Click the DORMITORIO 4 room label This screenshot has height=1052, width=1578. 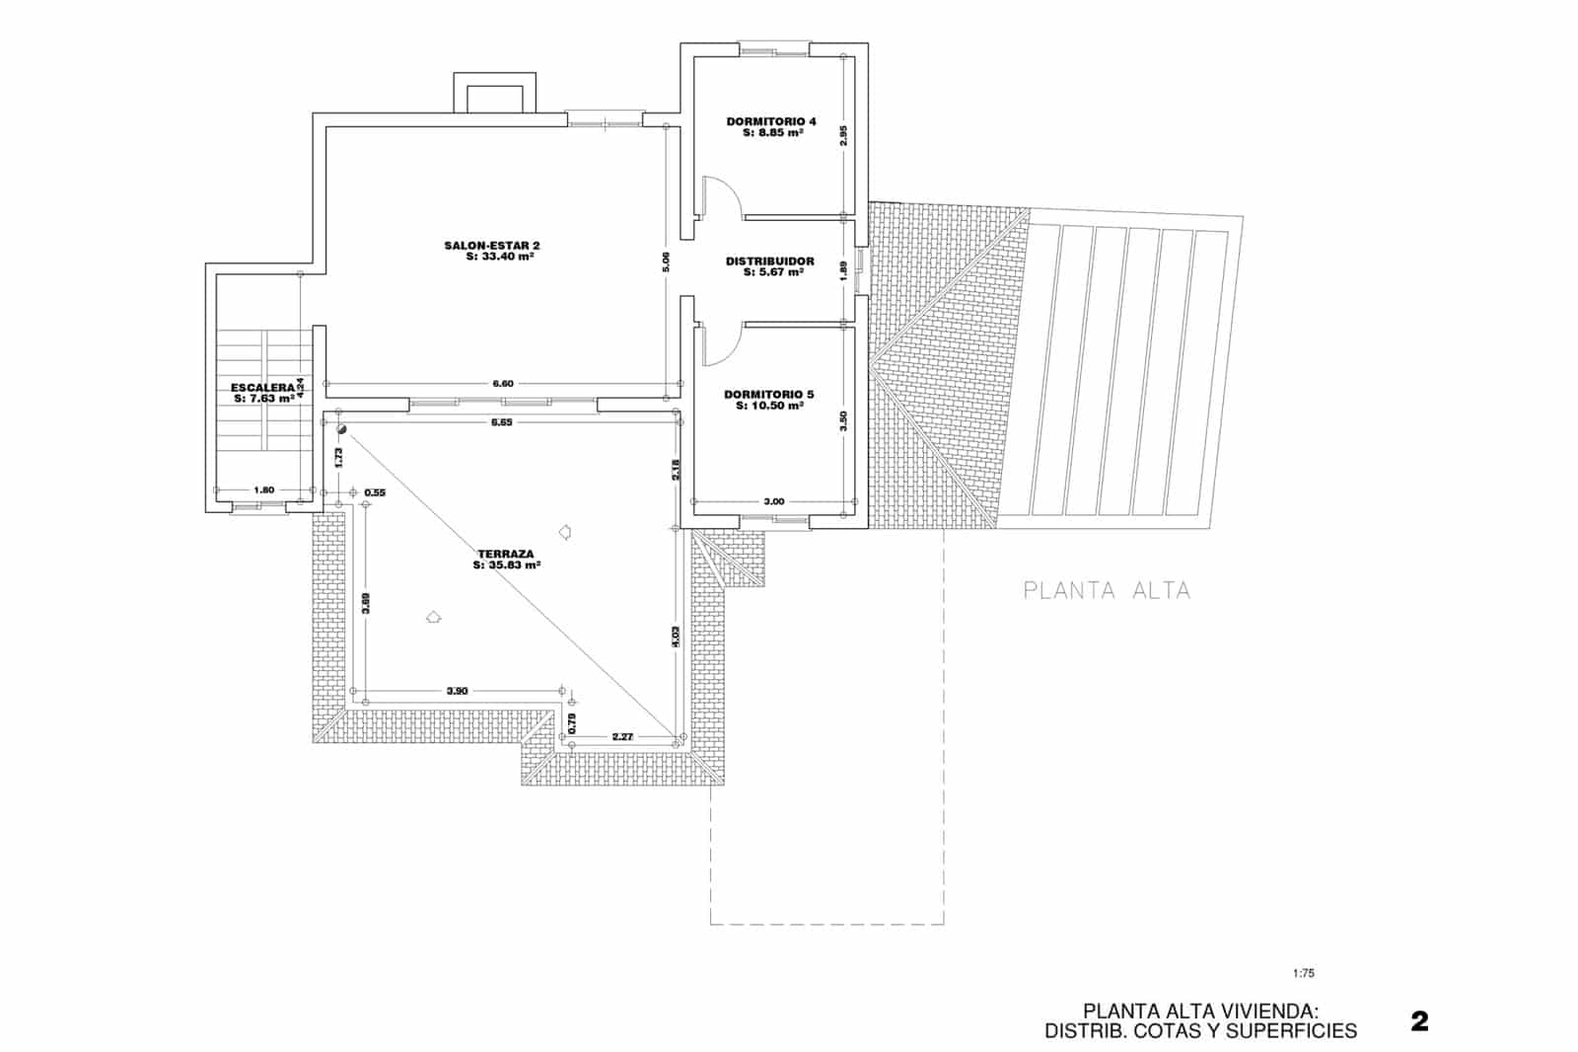tap(771, 121)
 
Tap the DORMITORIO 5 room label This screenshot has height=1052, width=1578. tap(769, 395)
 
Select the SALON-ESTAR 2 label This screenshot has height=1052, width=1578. tap(492, 245)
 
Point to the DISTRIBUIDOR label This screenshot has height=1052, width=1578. tap(770, 262)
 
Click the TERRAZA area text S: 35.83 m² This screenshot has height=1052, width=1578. tap(506, 566)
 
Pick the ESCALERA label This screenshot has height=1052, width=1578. tap(262, 388)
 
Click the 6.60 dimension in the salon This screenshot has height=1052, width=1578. tap(503, 383)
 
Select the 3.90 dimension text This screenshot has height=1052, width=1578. tap(457, 691)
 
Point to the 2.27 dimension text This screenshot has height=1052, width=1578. tap(622, 736)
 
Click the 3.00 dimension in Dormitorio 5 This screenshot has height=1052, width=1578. tap(774, 501)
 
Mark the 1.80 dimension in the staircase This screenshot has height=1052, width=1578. tap(263, 489)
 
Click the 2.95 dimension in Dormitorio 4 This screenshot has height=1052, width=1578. tap(843, 136)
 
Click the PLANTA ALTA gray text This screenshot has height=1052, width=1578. tap(1107, 591)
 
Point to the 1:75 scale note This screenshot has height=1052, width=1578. tap(1303, 973)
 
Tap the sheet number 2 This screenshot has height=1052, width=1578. tap(1419, 1021)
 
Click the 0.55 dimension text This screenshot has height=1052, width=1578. tap(375, 491)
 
